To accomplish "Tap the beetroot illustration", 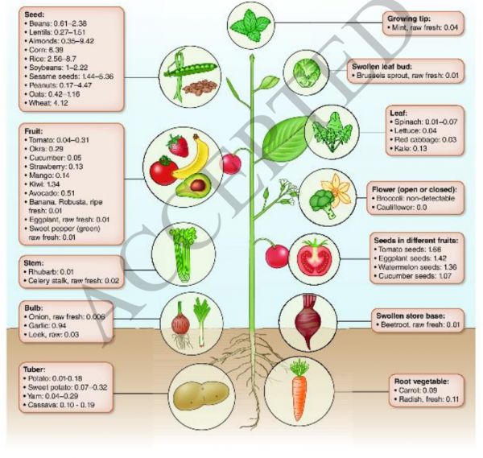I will pyautogui.click(x=310, y=317).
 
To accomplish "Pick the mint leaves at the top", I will pyautogui.click(x=251, y=23).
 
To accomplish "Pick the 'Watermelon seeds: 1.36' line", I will pyautogui.click(x=415, y=266).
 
